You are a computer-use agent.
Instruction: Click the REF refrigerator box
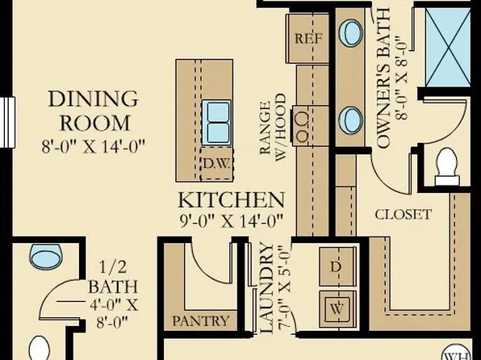point(307,38)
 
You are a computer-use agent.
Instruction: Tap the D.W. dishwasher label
point(215,162)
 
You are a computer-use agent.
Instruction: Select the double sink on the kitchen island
point(216,122)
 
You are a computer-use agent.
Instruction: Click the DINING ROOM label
point(94,111)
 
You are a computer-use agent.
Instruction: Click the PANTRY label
point(201,321)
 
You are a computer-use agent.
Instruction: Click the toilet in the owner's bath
point(446,166)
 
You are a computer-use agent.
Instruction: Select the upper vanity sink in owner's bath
point(350,33)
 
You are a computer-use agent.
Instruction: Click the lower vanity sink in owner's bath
point(350,119)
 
